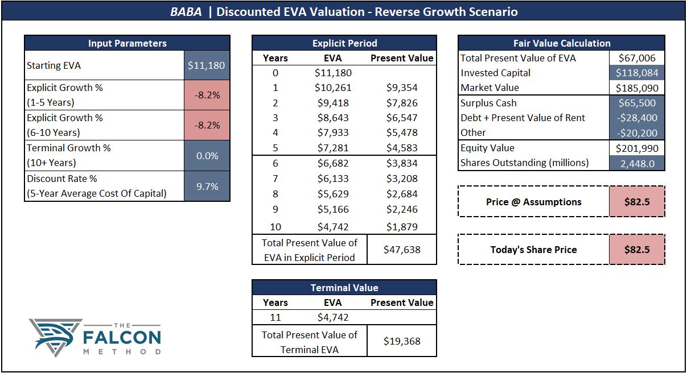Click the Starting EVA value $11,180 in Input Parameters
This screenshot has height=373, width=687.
[x=207, y=65]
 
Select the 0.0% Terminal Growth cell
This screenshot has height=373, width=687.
[x=207, y=156]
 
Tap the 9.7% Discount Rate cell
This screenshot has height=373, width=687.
[x=207, y=186]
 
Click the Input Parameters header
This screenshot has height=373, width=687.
[x=127, y=43]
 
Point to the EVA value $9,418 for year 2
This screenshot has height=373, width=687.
[x=333, y=102]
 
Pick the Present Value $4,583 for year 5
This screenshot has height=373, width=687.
[x=401, y=148]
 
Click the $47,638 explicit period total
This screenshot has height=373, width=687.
[x=401, y=250]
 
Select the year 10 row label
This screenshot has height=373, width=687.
[x=275, y=227]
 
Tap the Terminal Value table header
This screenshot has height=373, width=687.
[x=344, y=288]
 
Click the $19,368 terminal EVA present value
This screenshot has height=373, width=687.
[x=401, y=341]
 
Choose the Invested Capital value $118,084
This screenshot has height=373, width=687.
[x=636, y=73]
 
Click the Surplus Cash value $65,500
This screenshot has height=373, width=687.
[x=636, y=103]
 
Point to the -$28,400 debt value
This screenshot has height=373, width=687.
[x=636, y=118]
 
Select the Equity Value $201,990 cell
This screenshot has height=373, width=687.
[x=636, y=148]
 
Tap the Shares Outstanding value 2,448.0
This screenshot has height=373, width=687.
[x=636, y=163]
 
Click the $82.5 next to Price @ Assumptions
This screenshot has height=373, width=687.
[x=636, y=202]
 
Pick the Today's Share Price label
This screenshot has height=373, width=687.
[x=533, y=250]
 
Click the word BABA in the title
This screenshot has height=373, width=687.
[x=186, y=12]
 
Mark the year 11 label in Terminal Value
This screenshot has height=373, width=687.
[x=275, y=317]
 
